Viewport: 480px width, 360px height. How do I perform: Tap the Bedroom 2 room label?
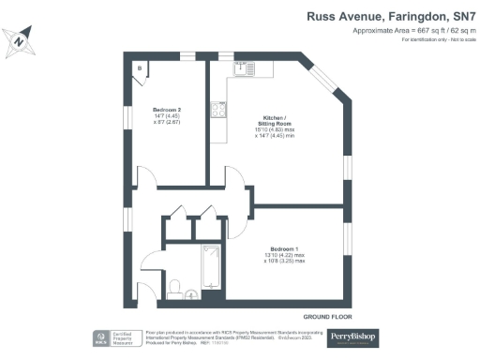tap(168, 110)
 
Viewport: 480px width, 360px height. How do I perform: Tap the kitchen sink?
tap(245, 67)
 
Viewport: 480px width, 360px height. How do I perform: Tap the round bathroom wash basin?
tap(192, 294)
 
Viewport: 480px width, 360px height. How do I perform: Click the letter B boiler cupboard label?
tap(141, 68)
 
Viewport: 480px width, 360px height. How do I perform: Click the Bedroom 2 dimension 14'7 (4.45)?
tap(168, 118)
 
